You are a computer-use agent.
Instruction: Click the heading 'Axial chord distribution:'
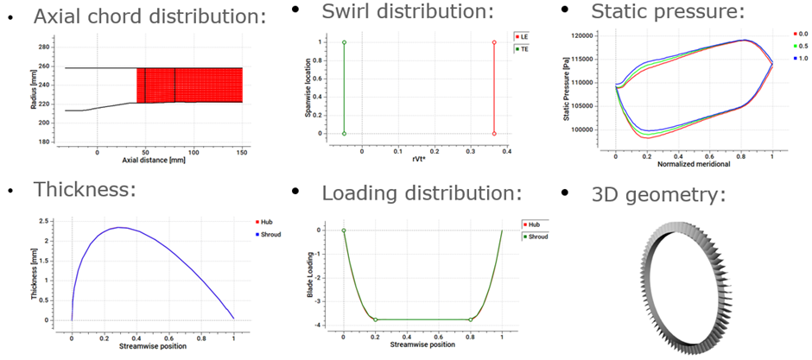point(149,16)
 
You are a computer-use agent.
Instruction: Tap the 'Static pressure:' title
point(668,12)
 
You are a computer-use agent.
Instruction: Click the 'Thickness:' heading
point(85,188)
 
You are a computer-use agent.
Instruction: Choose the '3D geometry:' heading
point(657,196)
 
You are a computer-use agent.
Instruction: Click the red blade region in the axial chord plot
point(190,85)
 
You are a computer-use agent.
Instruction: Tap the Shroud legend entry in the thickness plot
point(270,235)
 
